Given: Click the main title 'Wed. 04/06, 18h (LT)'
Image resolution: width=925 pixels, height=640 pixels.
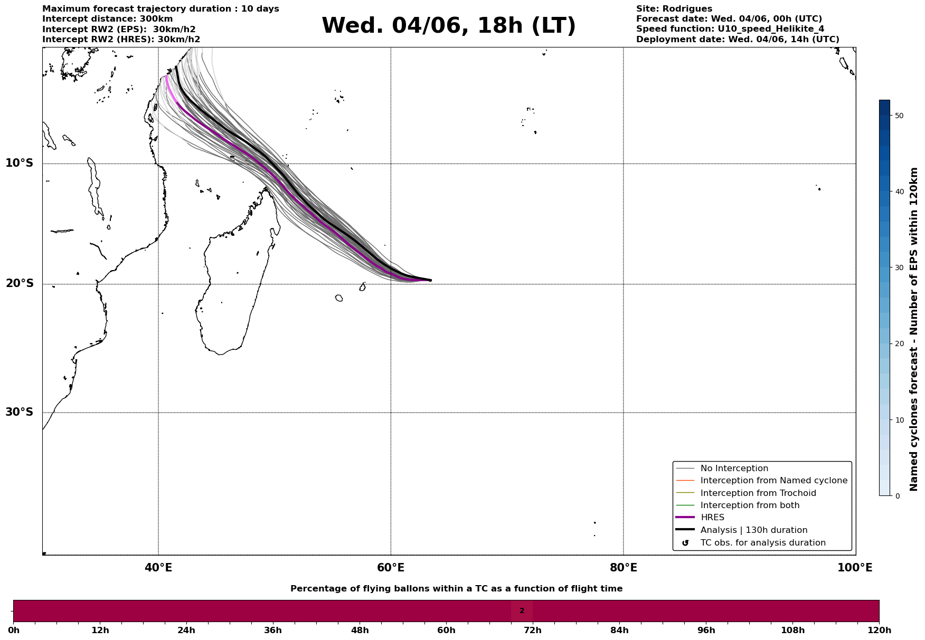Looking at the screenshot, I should [448, 26].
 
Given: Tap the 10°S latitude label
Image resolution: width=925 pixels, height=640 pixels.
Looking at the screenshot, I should [20, 163].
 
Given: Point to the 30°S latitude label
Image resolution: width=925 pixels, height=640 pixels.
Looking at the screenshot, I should [20, 412].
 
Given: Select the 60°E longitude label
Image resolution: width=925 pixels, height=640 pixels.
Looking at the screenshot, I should [391, 568].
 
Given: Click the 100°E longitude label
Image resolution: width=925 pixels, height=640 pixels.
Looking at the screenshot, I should [855, 568].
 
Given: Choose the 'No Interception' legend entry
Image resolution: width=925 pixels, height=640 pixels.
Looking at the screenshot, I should [734, 469].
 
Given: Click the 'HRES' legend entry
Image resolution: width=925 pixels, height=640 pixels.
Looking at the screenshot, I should [712, 518].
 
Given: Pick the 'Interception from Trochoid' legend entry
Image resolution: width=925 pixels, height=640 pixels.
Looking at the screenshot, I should [758, 493].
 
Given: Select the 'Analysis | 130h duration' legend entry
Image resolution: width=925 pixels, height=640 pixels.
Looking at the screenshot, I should [753, 530].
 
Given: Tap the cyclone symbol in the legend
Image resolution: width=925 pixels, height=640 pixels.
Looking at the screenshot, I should [685, 543].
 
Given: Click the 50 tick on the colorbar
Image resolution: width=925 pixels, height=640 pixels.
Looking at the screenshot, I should [899, 116].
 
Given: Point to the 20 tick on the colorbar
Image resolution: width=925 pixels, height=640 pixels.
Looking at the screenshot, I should [899, 344].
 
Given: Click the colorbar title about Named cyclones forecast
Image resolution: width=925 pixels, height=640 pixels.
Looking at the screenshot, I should [914, 329].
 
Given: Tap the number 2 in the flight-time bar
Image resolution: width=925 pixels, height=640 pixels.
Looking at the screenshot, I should [522, 611].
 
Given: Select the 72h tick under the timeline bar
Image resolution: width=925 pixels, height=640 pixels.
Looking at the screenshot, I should [533, 631].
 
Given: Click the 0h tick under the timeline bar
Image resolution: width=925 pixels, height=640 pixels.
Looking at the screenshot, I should [14, 631].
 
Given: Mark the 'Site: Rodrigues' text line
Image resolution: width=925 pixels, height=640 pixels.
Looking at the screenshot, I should [674, 9].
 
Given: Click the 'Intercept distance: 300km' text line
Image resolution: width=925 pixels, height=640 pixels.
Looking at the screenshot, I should [107, 19].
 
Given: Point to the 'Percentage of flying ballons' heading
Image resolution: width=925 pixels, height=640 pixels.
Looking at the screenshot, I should [456, 589].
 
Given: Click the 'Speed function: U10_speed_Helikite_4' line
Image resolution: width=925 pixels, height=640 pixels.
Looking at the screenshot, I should [730, 29].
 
